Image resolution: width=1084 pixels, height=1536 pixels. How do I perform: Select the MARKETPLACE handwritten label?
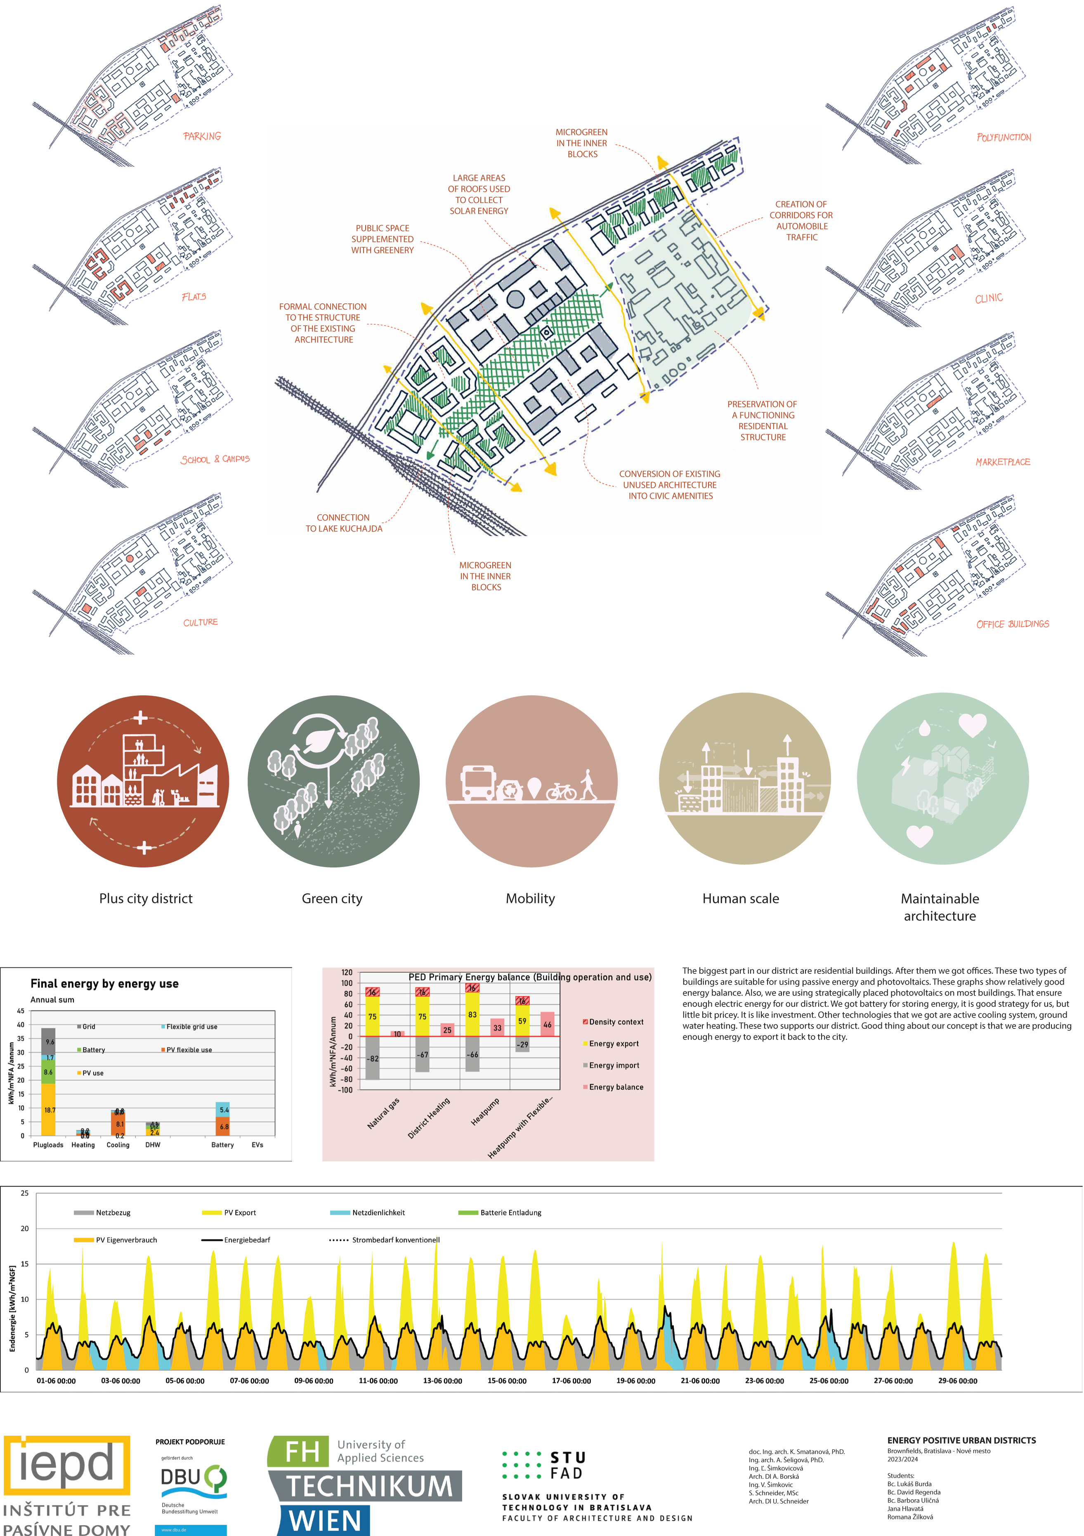tap(1002, 462)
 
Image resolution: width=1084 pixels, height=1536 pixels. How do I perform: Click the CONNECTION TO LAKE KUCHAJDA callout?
tap(344, 523)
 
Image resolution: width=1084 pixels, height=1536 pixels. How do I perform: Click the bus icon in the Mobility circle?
tap(477, 783)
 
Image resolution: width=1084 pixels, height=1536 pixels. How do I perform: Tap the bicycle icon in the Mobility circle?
tap(561, 793)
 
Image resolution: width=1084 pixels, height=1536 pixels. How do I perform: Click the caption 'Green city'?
tap(332, 898)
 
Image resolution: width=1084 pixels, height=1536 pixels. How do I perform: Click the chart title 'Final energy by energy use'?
tap(104, 983)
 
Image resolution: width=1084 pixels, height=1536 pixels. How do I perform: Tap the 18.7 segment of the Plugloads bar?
tap(49, 1110)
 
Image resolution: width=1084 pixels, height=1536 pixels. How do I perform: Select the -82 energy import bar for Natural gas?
tap(373, 1059)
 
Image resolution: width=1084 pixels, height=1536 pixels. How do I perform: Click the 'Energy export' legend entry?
tap(613, 1044)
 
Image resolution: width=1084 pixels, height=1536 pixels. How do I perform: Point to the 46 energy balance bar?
tap(547, 1024)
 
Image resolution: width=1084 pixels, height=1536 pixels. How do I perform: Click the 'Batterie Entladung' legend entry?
tap(510, 1212)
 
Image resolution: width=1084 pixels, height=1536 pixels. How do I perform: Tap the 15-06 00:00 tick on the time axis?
tap(507, 1381)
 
